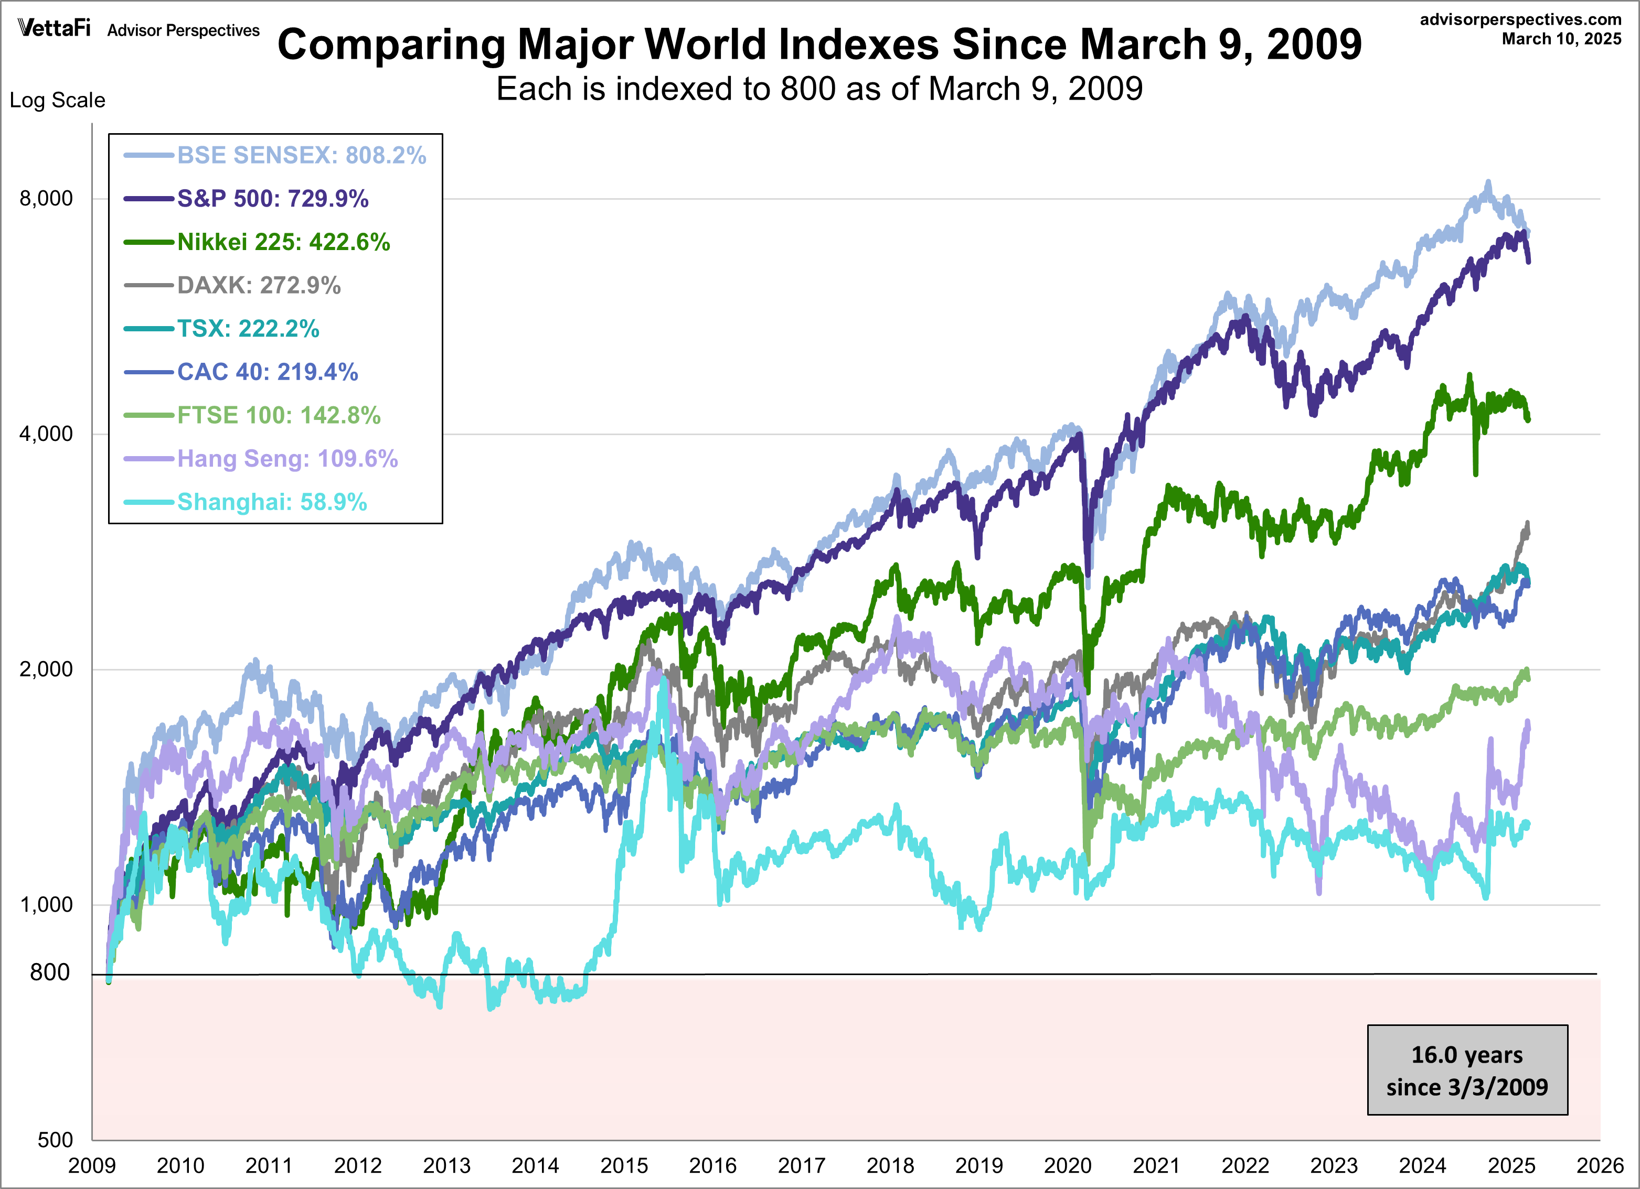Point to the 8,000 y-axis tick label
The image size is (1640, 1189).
(x=46, y=198)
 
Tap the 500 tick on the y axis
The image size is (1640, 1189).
(x=55, y=1140)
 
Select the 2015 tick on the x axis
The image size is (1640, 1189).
(x=623, y=1166)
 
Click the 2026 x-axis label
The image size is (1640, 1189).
(x=1600, y=1166)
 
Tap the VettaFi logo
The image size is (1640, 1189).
(x=54, y=28)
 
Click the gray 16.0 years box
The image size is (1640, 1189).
(x=1467, y=1071)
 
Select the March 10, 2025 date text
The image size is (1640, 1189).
(x=1561, y=39)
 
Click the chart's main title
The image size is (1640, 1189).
(x=819, y=44)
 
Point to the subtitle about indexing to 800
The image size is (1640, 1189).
(x=819, y=89)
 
